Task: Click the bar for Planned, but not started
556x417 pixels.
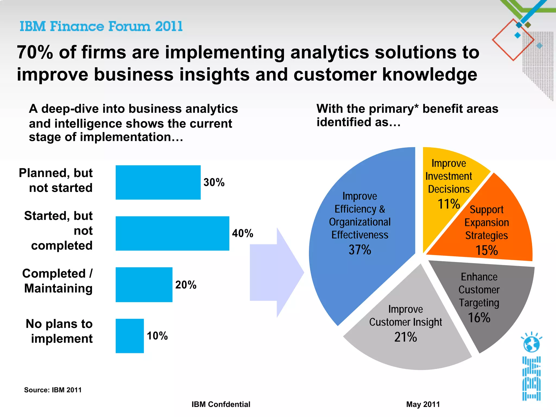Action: pos(158,182)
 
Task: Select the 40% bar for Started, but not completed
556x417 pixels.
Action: pos(172,233)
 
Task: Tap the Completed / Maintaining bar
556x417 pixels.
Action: pos(144,285)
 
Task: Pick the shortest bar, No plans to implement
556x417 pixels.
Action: pos(130,336)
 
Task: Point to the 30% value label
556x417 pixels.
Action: pos(214,182)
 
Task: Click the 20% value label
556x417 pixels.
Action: pos(186,285)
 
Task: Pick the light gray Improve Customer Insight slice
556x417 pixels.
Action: pos(407,353)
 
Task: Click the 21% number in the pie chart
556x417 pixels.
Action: pos(405,337)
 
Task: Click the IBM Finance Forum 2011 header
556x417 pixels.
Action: pos(101,27)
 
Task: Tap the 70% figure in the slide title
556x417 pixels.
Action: pos(35,52)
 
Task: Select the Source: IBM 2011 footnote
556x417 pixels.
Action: pos(53,390)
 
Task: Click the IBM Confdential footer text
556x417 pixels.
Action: pos(221,404)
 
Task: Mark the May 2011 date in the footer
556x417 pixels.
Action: pos(423,404)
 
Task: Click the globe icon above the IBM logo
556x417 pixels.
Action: pos(531,343)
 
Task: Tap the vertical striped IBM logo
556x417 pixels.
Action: pos(531,378)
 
